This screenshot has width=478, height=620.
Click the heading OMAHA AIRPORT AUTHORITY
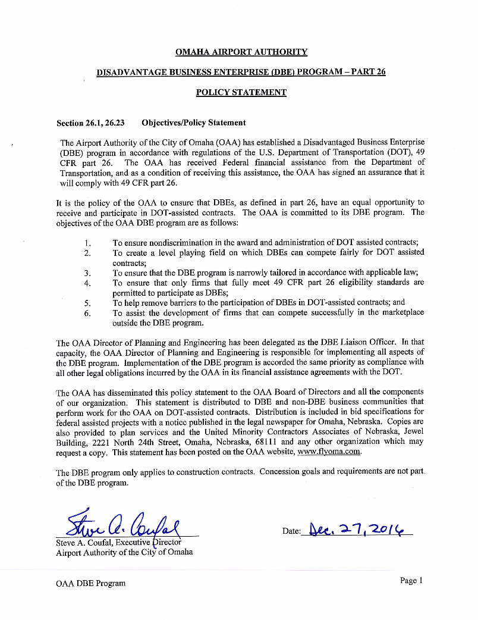coord(241,52)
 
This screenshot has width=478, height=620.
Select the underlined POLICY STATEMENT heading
coord(241,92)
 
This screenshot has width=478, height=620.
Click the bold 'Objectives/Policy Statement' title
coord(193,123)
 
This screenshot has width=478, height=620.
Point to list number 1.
coord(87,243)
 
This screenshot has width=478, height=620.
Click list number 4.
coord(87,283)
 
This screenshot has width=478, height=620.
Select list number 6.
coord(87,314)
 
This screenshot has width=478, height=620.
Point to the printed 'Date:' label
coord(291,531)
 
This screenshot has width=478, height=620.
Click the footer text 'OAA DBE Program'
coord(90,583)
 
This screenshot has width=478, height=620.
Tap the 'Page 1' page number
coord(411,581)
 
